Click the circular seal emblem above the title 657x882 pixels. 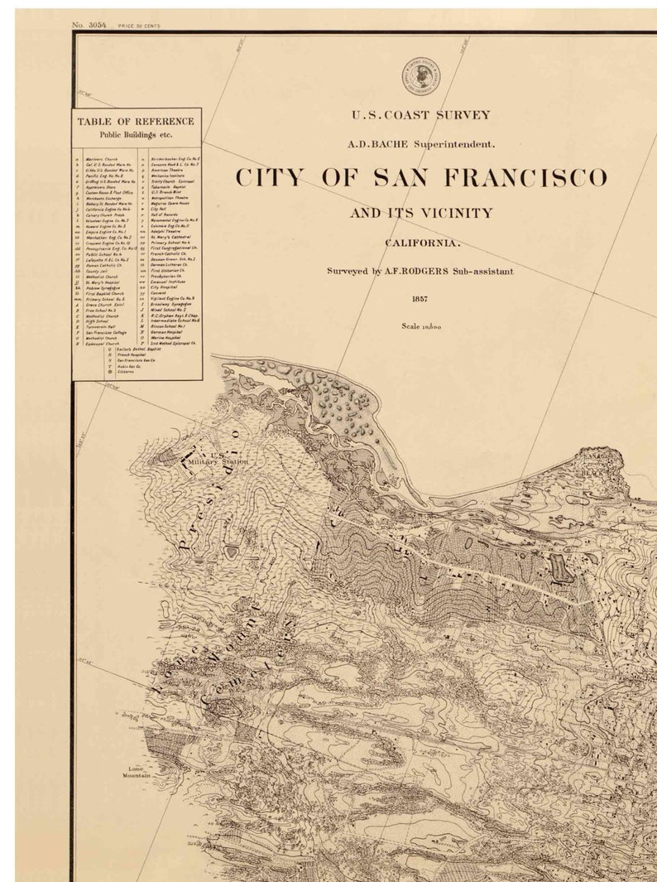coord(421,77)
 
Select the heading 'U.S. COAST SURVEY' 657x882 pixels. coord(421,116)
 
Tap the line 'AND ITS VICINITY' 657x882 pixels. coord(421,214)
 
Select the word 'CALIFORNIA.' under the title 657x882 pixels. coord(421,243)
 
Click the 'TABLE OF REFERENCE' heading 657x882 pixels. coord(136,122)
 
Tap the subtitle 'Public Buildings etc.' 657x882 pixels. coord(136,133)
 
